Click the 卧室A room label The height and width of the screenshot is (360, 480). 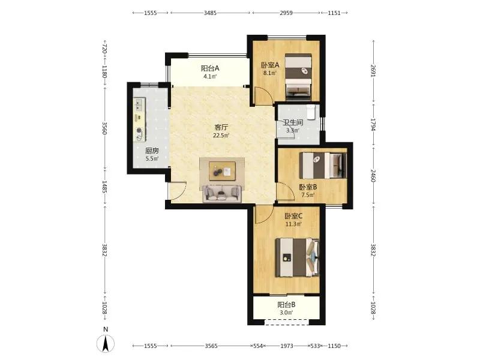(270, 65)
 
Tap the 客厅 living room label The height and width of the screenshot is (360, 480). (221, 127)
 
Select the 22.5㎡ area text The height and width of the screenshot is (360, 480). (221, 136)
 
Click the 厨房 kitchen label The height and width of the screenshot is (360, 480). (152, 151)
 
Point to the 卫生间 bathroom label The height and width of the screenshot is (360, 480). (293, 122)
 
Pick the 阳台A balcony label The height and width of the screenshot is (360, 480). (210, 68)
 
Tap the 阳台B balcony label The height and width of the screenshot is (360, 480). (287, 305)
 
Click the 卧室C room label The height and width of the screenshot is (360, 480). (293, 216)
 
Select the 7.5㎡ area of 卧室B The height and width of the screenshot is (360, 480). (308, 195)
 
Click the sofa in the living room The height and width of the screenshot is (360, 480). (222, 193)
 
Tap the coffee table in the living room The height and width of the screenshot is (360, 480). (222, 171)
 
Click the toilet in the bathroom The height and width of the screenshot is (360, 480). (311, 112)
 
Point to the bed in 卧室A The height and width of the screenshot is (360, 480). (298, 77)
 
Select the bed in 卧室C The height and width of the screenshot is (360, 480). (298, 258)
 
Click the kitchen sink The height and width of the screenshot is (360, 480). (139, 104)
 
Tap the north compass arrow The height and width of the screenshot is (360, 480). (106, 343)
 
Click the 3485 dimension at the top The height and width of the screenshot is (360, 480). (211, 13)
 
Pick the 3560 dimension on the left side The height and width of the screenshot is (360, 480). (104, 128)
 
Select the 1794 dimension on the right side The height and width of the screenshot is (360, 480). (373, 125)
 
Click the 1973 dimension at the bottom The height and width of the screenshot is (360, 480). (287, 346)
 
